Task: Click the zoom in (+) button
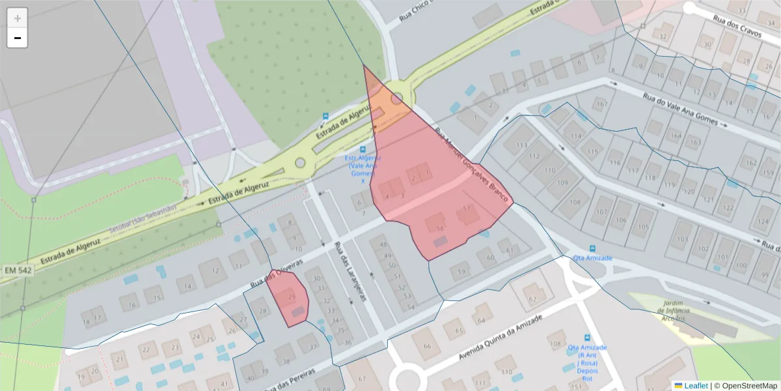(18, 18)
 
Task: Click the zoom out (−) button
(18, 38)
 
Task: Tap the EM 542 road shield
(18, 269)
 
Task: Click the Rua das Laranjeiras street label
(350, 272)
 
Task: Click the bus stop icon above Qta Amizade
(592, 248)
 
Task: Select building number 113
(521, 145)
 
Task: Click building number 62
(533, 299)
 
